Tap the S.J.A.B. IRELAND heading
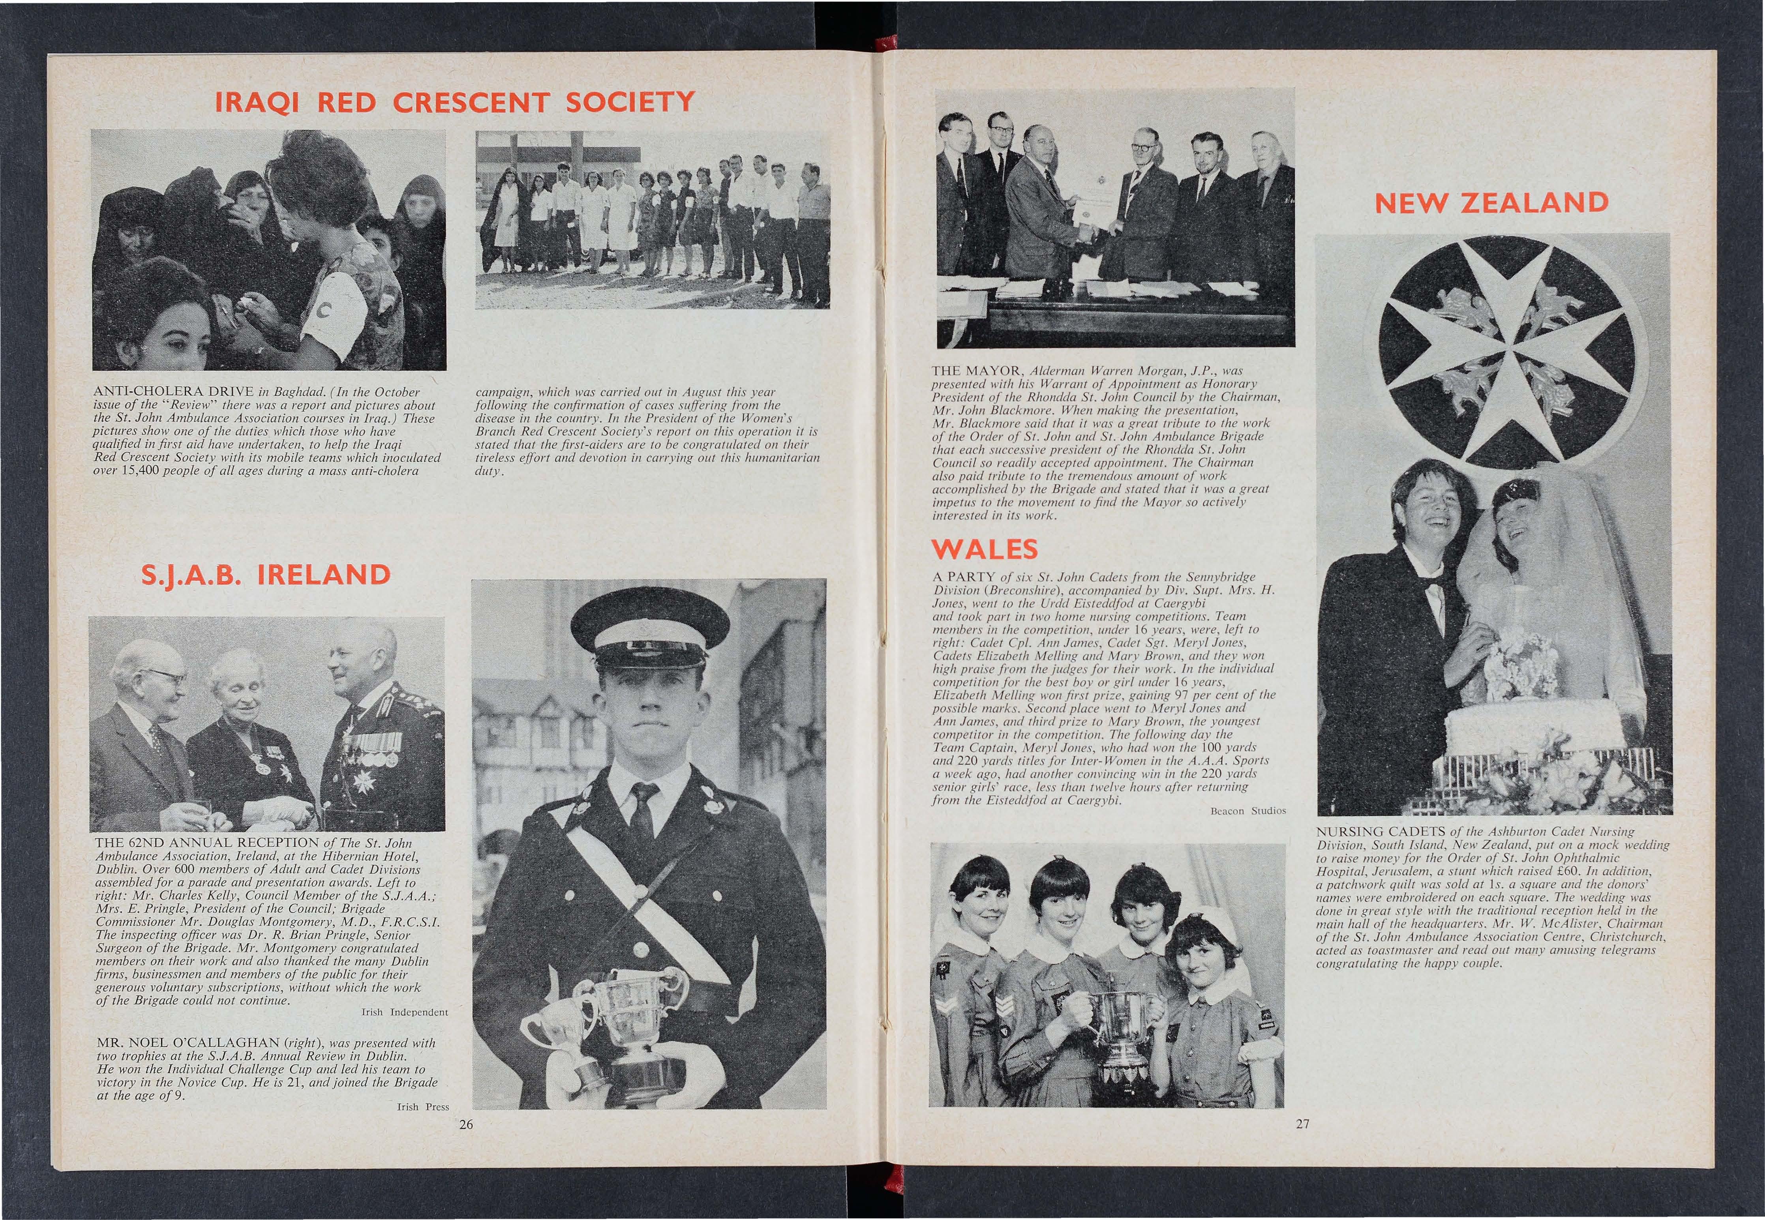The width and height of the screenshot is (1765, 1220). [x=265, y=575]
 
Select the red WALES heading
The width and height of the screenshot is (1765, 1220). [x=984, y=549]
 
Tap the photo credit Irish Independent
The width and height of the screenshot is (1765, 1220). [x=403, y=1012]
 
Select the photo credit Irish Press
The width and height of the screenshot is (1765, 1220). [x=423, y=1106]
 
